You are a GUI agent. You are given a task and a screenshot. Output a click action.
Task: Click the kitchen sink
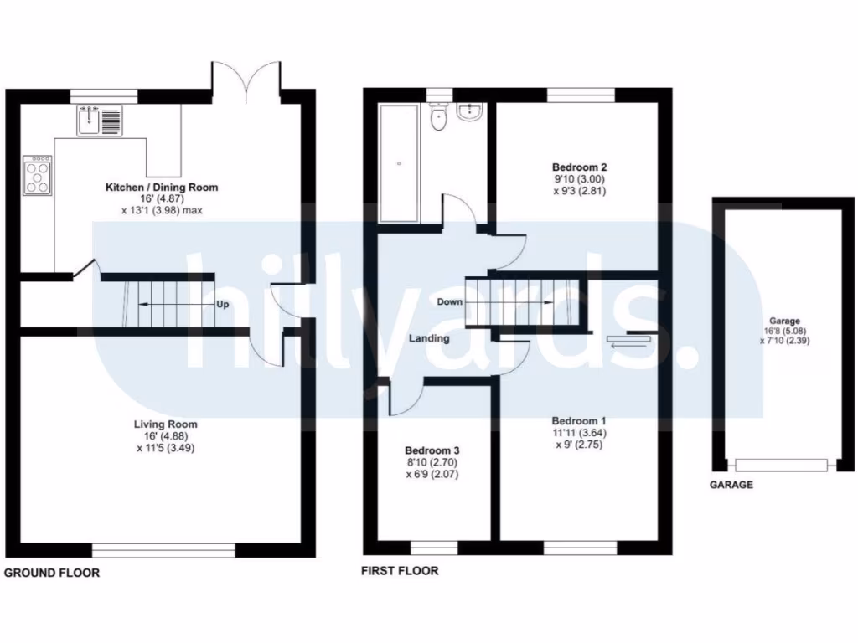click(99, 121)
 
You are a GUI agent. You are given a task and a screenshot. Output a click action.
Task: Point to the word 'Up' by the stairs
click(223, 304)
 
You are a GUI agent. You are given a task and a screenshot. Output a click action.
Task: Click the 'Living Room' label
click(165, 424)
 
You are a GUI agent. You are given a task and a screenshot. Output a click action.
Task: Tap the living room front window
click(163, 550)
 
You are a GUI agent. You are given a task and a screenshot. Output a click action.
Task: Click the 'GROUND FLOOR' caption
click(52, 574)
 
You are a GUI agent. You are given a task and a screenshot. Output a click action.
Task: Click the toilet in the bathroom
click(437, 119)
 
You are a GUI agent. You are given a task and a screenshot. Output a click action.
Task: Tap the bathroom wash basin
click(471, 112)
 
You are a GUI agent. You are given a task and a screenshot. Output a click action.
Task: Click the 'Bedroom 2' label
click(573, 166)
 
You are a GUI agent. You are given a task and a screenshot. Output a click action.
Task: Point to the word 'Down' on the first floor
click(450, 301)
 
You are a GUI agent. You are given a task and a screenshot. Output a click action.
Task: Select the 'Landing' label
click(429, 339)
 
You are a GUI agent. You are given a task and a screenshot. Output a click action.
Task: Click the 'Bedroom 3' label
click(432, 450)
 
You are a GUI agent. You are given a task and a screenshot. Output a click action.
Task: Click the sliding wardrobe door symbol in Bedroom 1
click(629, 340)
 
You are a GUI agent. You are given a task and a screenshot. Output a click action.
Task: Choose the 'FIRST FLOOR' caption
click(400, 572)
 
